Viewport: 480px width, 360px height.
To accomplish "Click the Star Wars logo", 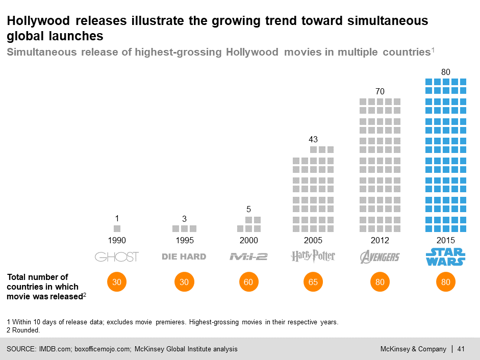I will (445, 256).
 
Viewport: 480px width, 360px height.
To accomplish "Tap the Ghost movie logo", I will (117, 256).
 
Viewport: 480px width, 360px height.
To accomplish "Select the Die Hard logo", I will (184, 256).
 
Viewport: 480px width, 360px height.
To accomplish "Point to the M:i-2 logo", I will (248, 256).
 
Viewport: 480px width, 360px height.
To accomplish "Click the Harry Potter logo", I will (313, 256).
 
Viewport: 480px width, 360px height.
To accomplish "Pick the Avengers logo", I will (380, 256).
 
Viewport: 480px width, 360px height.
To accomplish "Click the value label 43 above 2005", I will (313, 139).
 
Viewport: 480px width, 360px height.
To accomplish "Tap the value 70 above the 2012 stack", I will (380, 91).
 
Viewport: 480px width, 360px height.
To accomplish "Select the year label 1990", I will (117, 240).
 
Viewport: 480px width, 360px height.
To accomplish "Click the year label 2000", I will (249, 240).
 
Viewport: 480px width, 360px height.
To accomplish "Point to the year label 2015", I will (446, 240).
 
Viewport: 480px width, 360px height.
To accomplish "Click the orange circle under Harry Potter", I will (313, 282).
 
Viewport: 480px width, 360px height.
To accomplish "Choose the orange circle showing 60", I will (249, 282).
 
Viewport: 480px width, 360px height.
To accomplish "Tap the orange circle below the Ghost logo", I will (117, 282).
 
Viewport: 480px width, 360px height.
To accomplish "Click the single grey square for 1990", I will (117, 228).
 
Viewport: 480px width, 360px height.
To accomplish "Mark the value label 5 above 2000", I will (249, 209).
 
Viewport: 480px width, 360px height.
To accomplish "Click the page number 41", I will (461, 349).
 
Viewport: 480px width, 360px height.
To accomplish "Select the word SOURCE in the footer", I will (20, 349).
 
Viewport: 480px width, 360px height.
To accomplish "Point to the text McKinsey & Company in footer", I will (413, 349).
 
